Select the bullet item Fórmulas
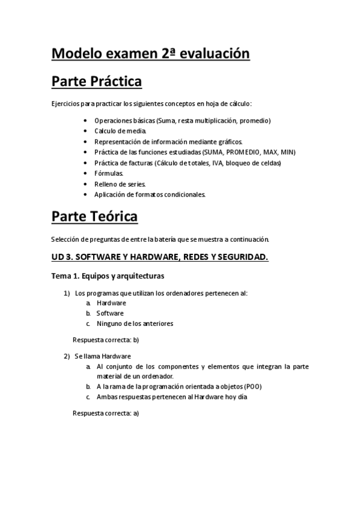point(109,173)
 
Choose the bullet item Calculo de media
point(120,131)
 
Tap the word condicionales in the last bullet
point(185,194)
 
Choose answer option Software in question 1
point(110,313)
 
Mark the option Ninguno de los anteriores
point(135,324)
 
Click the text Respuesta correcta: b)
point(106,340)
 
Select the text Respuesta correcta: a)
point(106,413)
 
